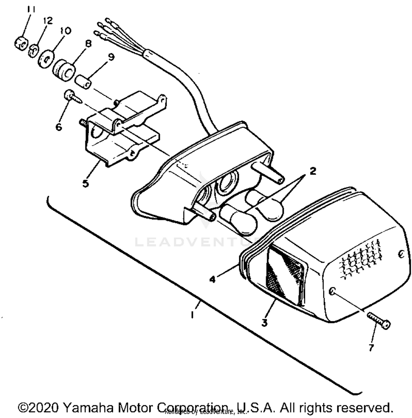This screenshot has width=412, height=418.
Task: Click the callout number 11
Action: click(31, 10)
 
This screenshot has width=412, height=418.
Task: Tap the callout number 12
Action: click(48, 21)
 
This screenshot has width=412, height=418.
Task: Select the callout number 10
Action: click(65, 31)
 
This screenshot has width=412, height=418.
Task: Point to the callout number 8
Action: click(88, 43)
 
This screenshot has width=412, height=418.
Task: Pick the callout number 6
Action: click(59, 127)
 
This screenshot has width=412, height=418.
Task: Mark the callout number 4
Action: click(212, 279)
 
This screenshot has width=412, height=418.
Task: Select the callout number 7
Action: click(371, 348)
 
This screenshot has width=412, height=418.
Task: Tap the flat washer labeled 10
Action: click(46, 58)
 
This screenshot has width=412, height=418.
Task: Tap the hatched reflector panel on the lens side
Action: click(286, 274)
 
